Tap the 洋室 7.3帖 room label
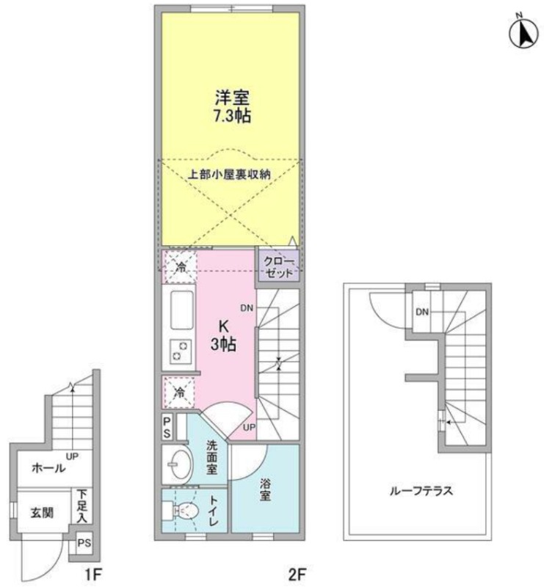[x=232, y=107]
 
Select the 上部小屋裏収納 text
[x=229, y=175]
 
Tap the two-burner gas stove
[x=181, y=351]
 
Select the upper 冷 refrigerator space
[x=181, y=267]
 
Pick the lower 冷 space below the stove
[x=180, y=393]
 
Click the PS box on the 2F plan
[x=167, y=427]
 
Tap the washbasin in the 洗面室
[x=180, y=464]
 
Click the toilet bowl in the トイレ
[x=184, y=510]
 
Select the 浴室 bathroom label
[x=265, y=489]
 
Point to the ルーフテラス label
[x=421, y=490]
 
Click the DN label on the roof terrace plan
[x=422, y=311]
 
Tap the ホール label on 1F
[x=48, y=468]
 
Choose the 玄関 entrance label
[x=42, y=512]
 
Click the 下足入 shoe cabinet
[x=82, y=506]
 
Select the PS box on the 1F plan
[x=84, y=543]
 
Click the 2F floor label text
[x=297, y=574]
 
